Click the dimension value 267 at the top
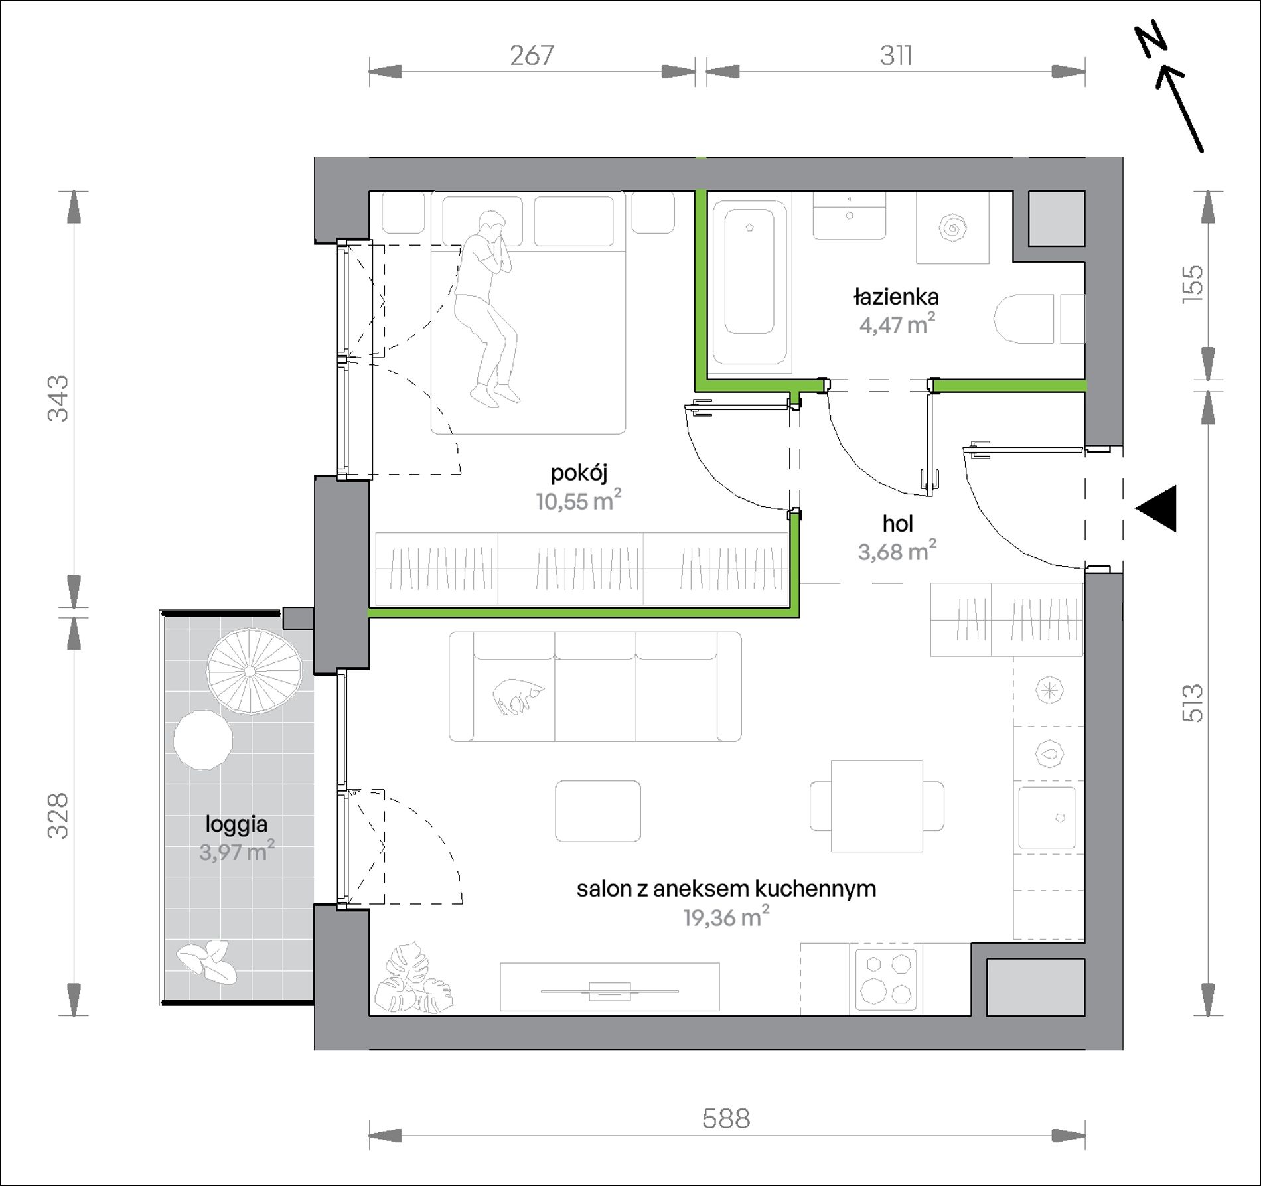coord(532,56)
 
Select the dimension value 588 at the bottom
coord(726,1118)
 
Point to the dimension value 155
coord(1193,284)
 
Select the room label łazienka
coord(896,297)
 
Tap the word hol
coord(897,524)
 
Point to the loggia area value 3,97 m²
coord(237,852)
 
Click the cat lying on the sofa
coord(518,697)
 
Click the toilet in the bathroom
coord(1024,319)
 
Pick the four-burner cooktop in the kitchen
coord(886,980)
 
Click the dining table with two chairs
coord(877,806)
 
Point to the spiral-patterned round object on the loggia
coord(254,672)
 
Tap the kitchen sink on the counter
coord(1047,818)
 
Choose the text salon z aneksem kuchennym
coord(726,888)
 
